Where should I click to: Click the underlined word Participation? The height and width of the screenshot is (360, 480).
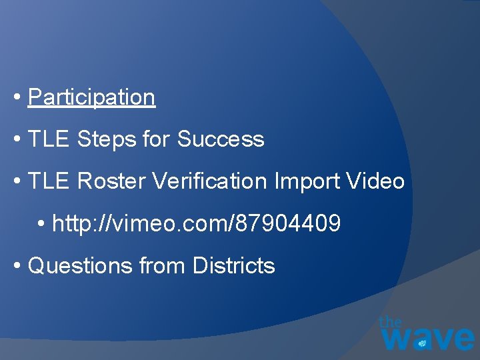pyautogui.click(x=91, y=97)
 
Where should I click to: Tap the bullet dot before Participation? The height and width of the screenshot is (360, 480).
pyautogui.click(x=17, y=98)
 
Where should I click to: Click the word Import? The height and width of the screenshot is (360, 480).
pyautogui.click(x=314, y=181)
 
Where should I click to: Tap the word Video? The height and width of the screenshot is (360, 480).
pyautogui.click(x=377, y=181)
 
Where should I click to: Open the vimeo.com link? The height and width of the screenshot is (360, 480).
pyautogui.click(x=196, y=224)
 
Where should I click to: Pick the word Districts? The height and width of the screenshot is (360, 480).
pyautogui.click(x=233, y=266)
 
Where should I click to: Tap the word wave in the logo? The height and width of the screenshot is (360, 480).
pyautogui.click(x=427, y=337)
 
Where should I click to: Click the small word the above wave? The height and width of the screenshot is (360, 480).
pyautogui.click(x=391, y=321)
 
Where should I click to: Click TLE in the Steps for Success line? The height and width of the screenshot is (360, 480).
pyautogui.click(x=49, y=139)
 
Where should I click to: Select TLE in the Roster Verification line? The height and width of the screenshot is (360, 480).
pyautogui.click(x=49, y=181)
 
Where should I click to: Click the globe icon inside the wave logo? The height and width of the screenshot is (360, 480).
pyautogui.click(x=421, y=343)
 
